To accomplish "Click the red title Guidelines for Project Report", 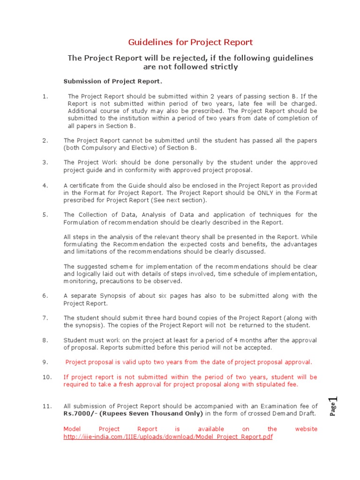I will [191, 42].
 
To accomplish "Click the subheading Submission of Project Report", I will [112, 82].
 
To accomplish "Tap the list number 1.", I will [45, 97].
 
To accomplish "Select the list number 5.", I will [45, 215].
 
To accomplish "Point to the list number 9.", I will [45, 362].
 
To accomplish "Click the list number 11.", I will [47, 406].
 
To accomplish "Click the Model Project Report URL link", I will [168, 436].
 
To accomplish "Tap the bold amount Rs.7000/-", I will [82, 413].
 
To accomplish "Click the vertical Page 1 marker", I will [333, 406].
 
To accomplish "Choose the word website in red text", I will [306, 429].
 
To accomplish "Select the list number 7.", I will [45, 318].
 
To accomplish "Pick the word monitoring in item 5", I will [80, 281].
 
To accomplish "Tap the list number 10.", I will [47, 377].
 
